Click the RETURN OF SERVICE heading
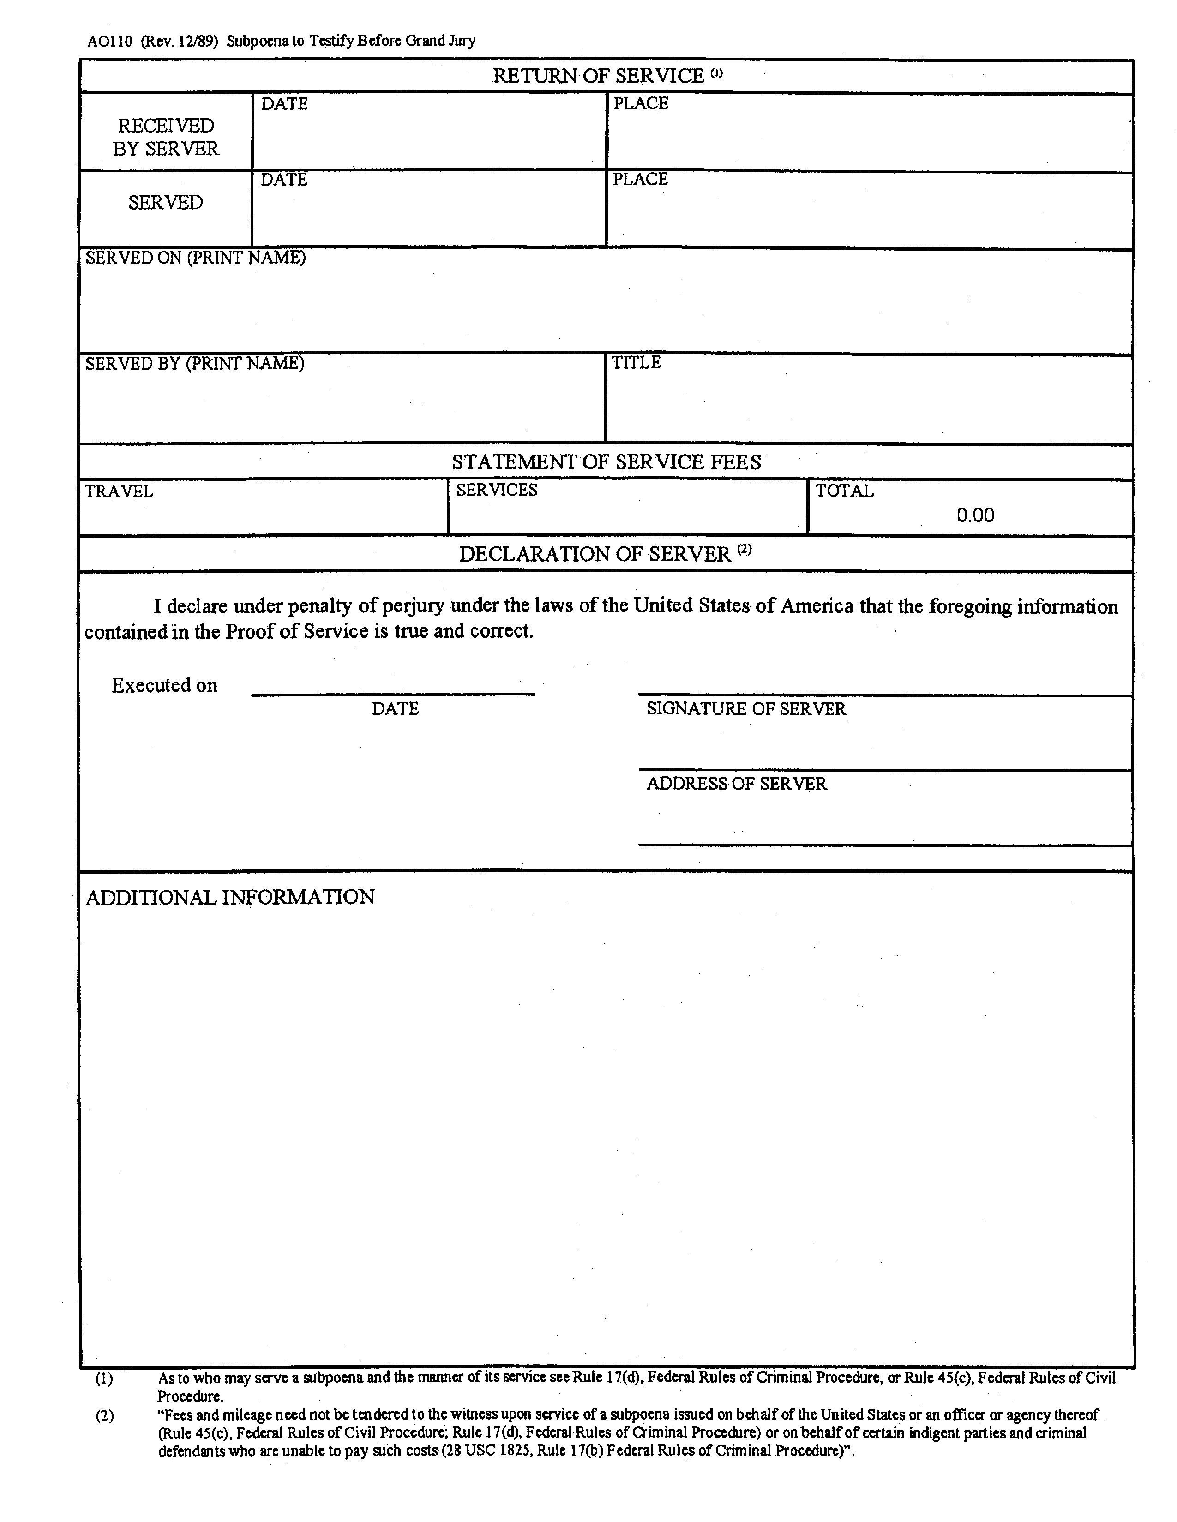[x=598, y=76]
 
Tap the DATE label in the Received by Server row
[x=284, y=104]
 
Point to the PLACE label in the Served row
[x=640, y=179]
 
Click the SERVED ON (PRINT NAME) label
[x=195, y=258]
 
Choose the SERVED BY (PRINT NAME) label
[x=194, y=363]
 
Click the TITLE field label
[x=636, y=362]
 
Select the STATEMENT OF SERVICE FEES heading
[x=606, y=462]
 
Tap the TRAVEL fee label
[x=119, y=491]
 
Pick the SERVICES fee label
[x=497, y=490]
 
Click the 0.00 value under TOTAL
[x=975, y=515]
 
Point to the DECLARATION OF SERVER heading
[x=595, y=554]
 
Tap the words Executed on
[x=164, y=686]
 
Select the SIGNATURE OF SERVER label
[x=745, y=709]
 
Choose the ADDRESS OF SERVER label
[x=737, y=784]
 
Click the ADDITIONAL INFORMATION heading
[x=230, y=897]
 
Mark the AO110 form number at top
[x=109, y=41]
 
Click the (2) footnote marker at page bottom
[x=104, y=1416]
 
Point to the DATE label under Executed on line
[x=395, y=709]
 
